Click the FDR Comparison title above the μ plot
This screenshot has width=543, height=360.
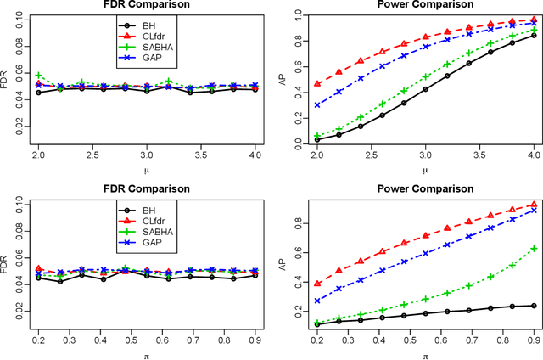click(146, 5)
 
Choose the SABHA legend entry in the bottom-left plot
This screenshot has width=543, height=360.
click(154, 229)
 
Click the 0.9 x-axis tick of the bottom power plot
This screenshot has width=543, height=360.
click(532, 339)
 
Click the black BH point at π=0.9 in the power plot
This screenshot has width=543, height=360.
click(532, 306)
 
